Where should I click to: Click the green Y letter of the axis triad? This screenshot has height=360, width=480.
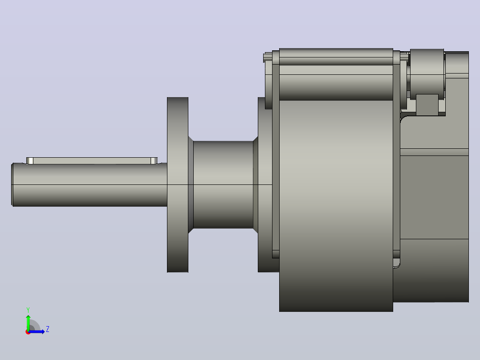pos(28,310)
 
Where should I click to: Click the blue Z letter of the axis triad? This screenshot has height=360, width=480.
pos(48,329)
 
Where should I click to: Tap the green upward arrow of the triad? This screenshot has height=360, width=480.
pos(28,322)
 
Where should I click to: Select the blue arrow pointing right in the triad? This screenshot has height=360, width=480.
pos(37,331)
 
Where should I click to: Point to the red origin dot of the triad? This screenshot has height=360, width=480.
pos(28,332)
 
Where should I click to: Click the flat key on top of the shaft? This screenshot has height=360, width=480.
pos(92,161)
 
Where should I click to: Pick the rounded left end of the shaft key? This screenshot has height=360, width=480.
pos(30,161)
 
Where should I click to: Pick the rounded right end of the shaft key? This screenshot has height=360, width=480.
pos(154,161)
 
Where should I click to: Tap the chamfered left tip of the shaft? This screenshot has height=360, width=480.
pos(12,185)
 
